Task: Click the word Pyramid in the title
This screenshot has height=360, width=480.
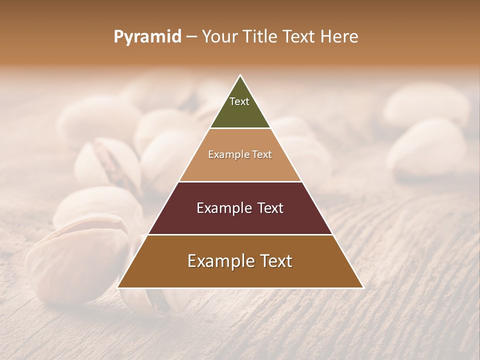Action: point(147,37)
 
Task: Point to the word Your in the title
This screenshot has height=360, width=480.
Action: point(219,37)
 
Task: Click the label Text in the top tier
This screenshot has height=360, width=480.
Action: point(239,101)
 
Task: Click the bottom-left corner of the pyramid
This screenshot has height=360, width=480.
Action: point(118,287)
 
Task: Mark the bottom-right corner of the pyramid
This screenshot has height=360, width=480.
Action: point(362,287)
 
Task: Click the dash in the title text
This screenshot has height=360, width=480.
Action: point(191,37)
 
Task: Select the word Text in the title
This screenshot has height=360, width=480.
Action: point(298,37)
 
